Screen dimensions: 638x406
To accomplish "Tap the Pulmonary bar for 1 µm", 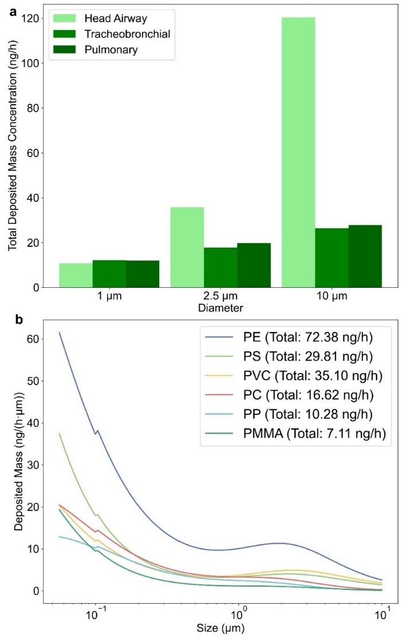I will (143, 274).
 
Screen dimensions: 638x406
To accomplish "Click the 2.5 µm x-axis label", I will (220, 298).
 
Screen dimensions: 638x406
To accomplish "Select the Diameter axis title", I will (220, 308).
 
